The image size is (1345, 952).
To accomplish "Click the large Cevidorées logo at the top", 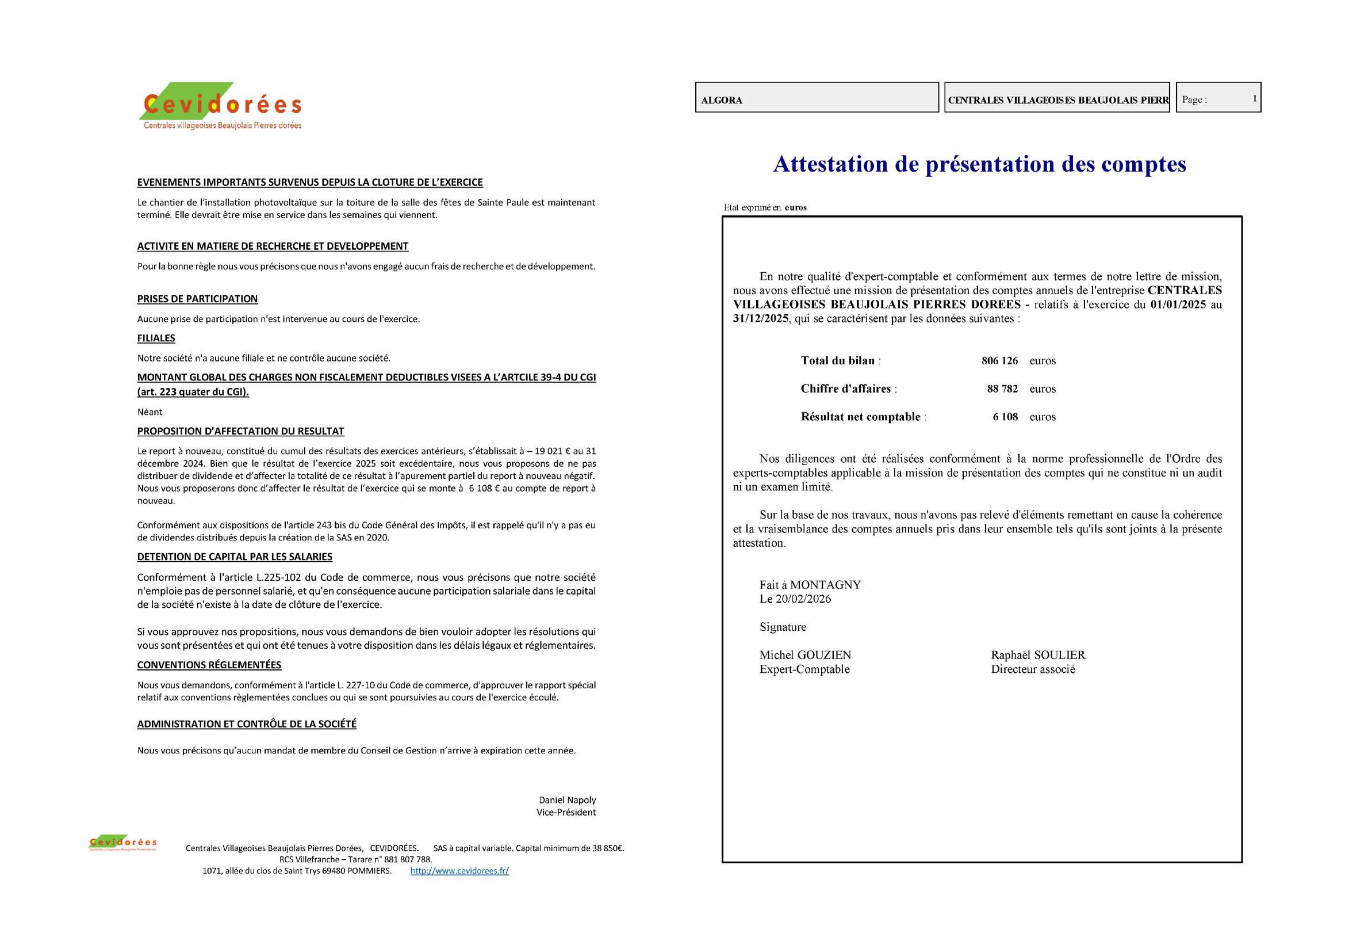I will (x=221, y=106).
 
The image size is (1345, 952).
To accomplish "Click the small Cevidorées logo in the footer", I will (x=122, y=843).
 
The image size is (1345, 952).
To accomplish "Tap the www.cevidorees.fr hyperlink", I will (x=459, y=871).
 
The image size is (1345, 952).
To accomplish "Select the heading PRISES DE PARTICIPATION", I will (x=197, y=299).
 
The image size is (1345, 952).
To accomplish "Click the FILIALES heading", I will (x=156, y=338).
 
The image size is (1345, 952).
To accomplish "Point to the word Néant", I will (x=150, y=412).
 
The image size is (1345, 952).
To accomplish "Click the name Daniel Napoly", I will (x=567, y=800).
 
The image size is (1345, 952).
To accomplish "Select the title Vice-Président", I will (x=566, y=813).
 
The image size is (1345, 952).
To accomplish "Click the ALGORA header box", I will (x=817, y=98).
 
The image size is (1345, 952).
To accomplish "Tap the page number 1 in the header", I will (x=1254, y=98).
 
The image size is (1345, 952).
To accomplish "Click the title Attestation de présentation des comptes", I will (x=979, y=164).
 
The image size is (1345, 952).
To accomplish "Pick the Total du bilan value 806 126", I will (x=999, y=361).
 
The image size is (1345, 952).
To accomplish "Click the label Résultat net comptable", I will (x=861, y=417).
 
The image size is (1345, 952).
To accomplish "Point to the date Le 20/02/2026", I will (x=795, y=599).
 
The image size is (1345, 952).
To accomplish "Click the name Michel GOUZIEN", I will (x=805, y=656).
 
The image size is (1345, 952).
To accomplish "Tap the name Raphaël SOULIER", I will (x=1038, y=656).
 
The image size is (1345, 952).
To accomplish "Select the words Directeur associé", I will (x=1033, y=669).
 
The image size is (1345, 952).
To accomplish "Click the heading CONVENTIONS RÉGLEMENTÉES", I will (x=209, y=665).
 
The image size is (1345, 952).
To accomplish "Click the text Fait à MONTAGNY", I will (x=810, y=585).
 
